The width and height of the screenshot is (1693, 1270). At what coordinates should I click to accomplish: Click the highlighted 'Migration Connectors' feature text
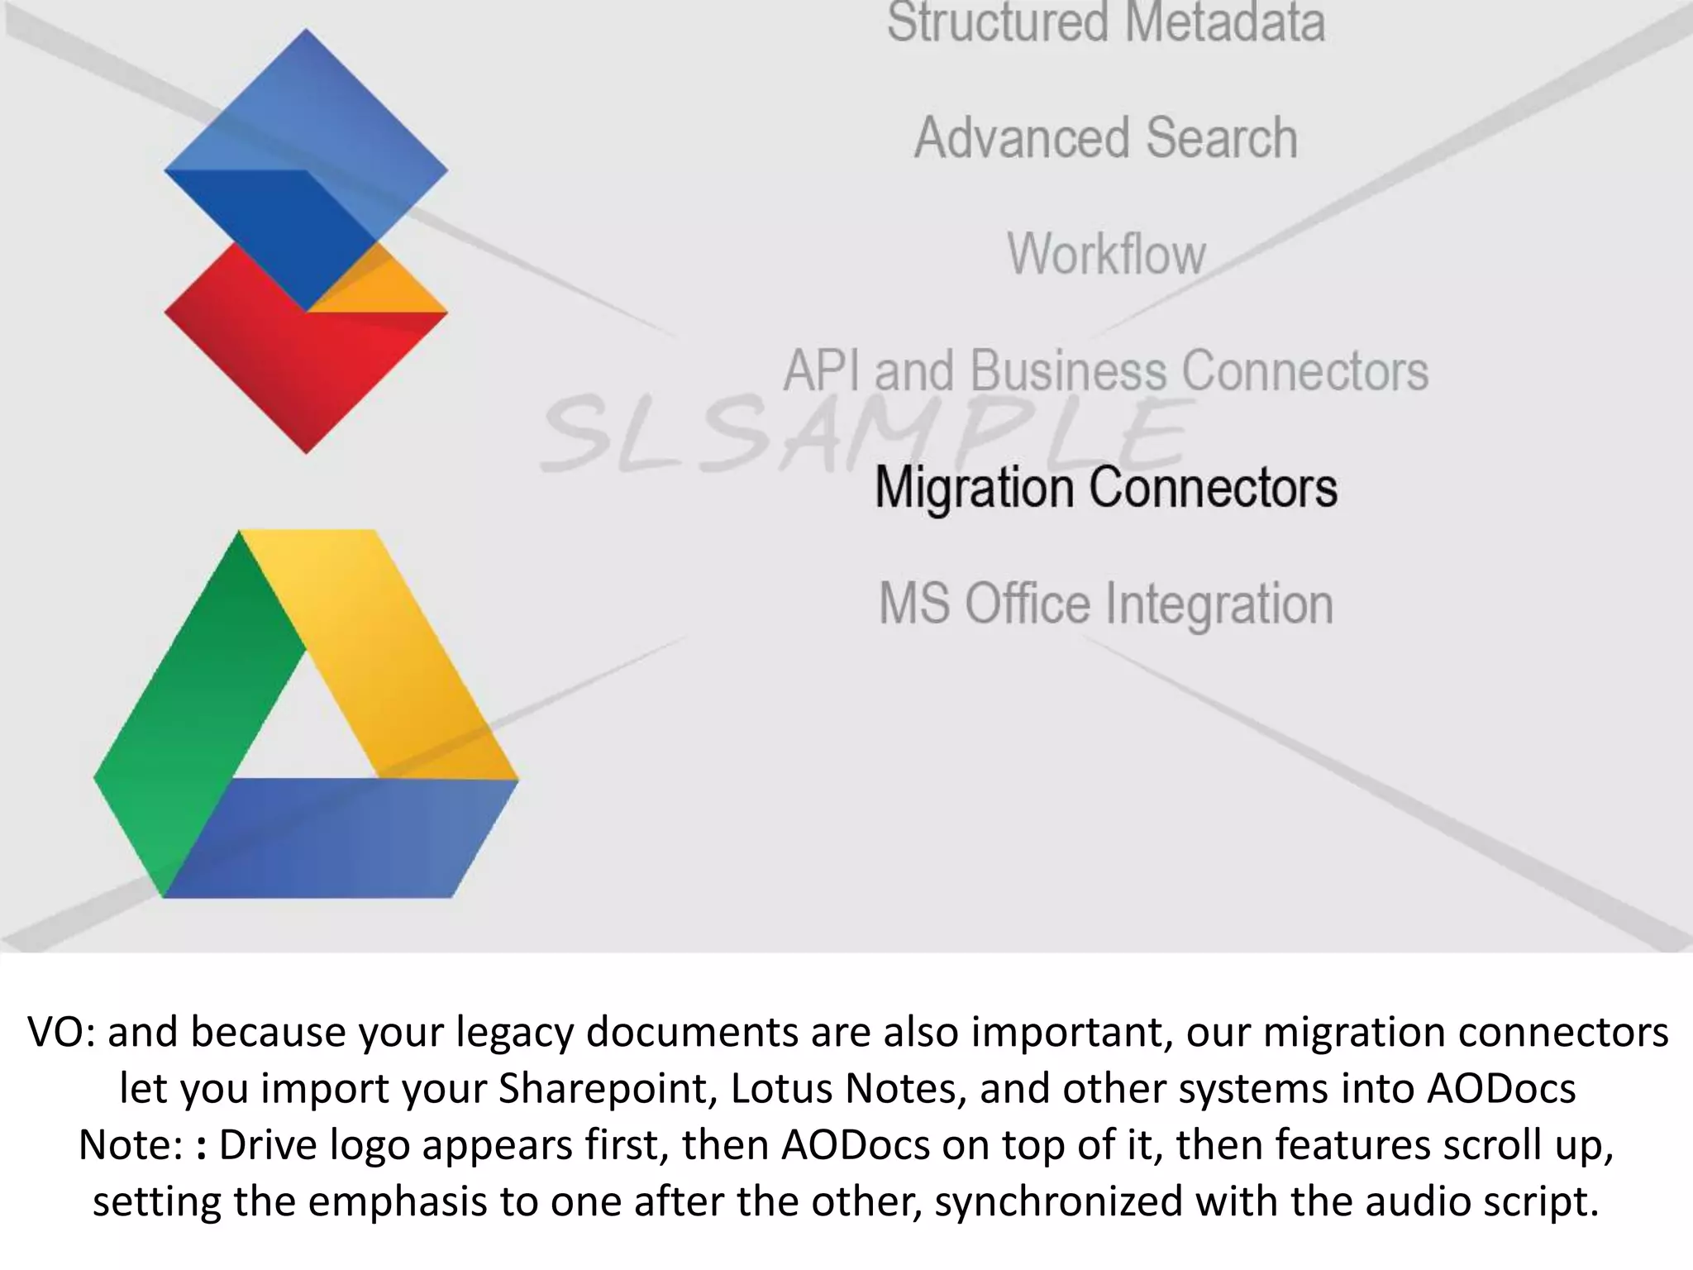pos(1106,487)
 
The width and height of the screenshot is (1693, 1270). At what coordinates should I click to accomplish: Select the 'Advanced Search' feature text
pos(1106,138)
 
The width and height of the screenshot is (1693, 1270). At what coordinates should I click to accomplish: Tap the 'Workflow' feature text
pos(1106,254)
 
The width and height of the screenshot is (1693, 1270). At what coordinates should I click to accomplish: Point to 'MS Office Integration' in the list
pos(1106,604)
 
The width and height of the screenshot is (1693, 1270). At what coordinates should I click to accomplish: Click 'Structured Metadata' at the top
pos(1106,23)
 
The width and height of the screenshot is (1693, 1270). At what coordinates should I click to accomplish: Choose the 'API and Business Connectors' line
pos(1106,370)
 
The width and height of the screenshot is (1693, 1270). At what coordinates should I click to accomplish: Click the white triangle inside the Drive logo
pos(306,728)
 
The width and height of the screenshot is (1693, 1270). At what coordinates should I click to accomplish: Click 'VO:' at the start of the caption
pos(60,1033)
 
